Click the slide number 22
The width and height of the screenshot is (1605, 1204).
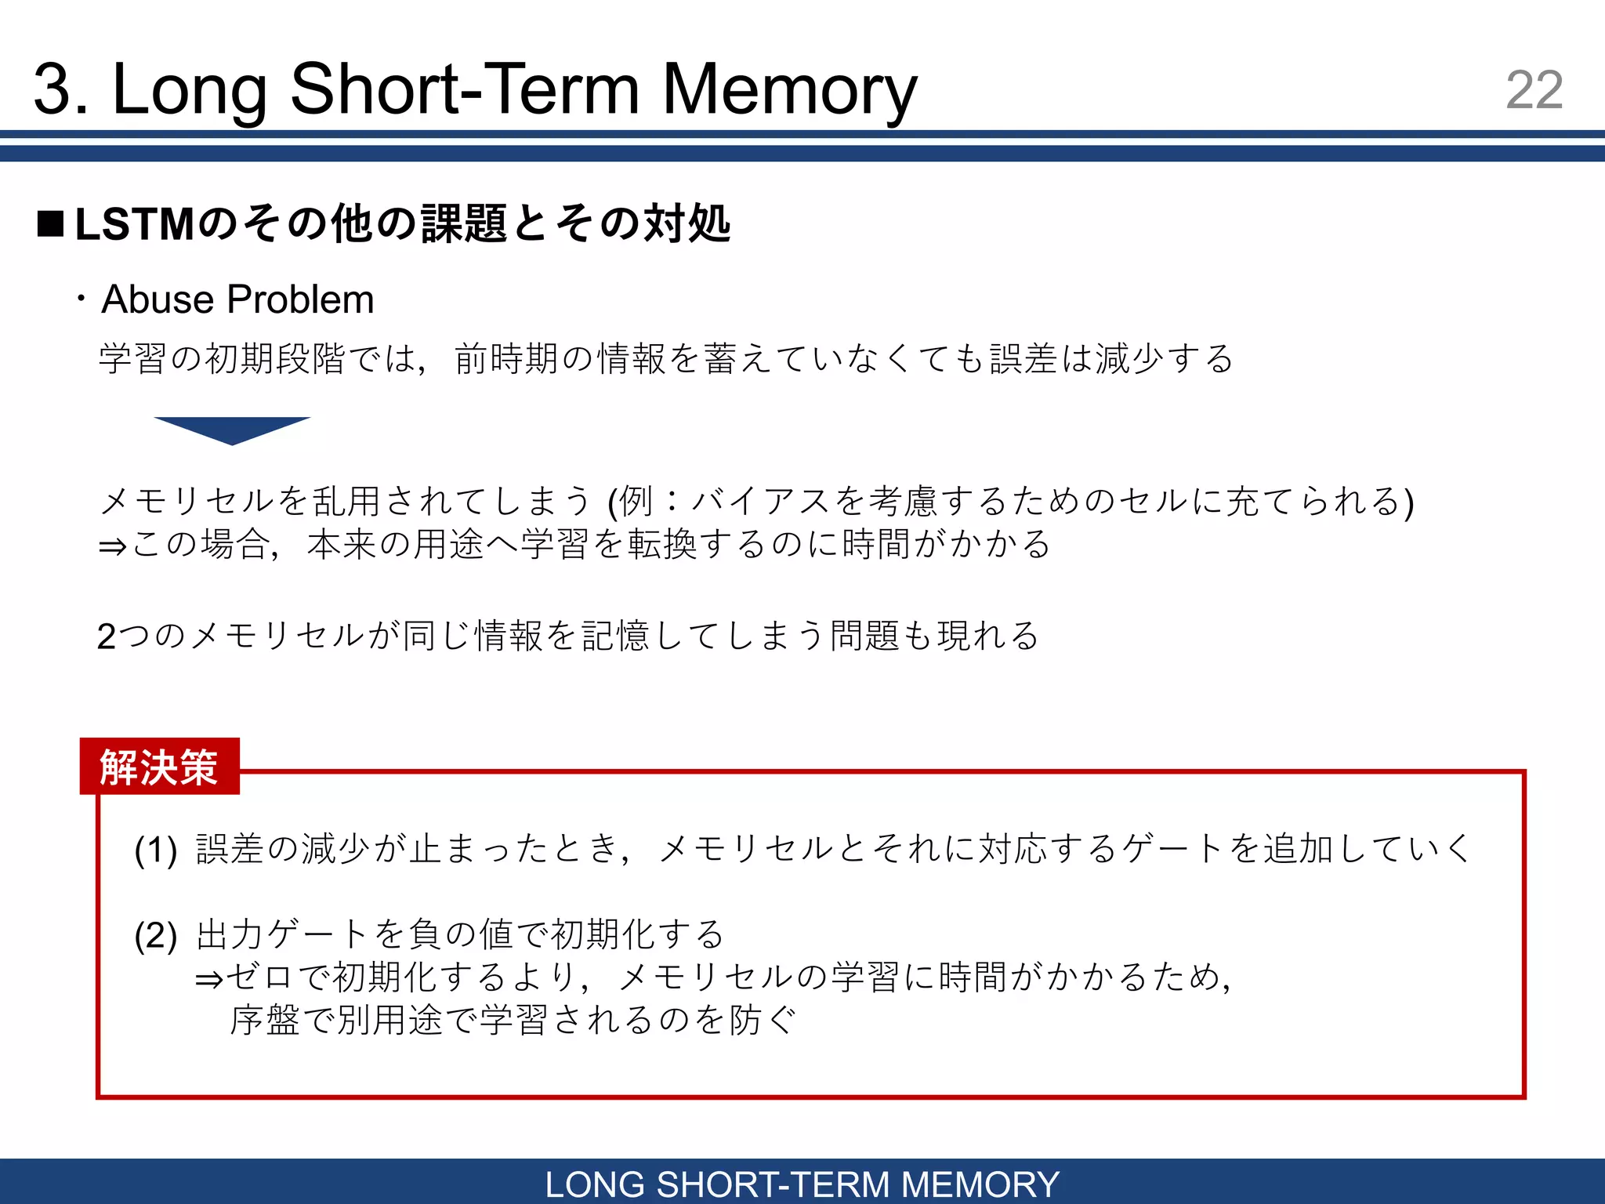click(x=1534, y=90)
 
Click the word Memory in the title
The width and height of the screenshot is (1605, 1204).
click(x=789, y=90)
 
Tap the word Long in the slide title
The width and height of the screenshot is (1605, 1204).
click(x=189, y=90)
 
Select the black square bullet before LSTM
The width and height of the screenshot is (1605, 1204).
click(x=51, y=224)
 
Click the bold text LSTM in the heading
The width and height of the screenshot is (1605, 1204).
click(x=135, y=224)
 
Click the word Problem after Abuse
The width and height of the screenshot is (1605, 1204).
click(x=301, y=299)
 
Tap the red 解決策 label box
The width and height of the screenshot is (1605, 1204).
click(x=160, y=767)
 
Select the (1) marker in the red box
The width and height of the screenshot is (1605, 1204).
click(x=155, y=850)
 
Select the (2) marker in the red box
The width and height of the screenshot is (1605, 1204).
click(x=155, y=935)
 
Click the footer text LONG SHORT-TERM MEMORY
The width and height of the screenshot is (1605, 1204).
click(x=802, y=1184)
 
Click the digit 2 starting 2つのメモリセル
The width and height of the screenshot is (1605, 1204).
click(x=107, y=636)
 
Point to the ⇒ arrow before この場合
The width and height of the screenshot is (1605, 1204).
click(x=113, y=546)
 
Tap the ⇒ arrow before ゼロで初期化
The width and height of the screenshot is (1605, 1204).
click(x=209, y=979)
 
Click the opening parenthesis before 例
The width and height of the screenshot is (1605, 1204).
click(x=613, y=502)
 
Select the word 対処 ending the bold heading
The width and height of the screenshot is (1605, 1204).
click(x=687, y=224)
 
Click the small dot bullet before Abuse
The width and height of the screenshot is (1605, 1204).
click(x=81, y=299)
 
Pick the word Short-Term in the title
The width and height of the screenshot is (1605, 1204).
click(x=465, y=90)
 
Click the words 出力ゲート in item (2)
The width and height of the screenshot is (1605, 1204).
click(x=282, y=934)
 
